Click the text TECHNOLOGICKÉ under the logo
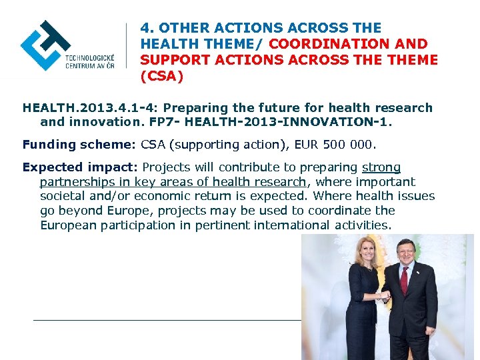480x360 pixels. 90,58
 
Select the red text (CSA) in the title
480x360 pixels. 162,76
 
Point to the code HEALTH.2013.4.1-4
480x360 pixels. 87,108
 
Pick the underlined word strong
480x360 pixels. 381,167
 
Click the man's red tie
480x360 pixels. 404,280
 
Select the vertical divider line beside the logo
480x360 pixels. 127,50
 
